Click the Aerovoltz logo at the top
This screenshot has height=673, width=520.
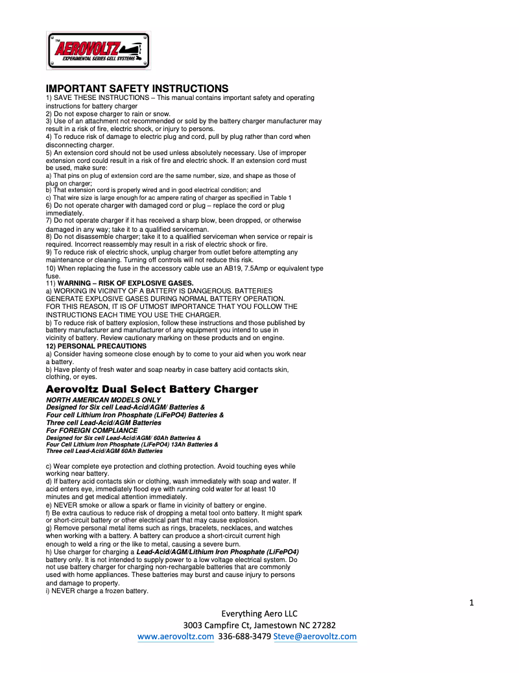click(x=98, y=50)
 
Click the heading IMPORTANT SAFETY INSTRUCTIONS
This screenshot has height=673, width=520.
click(x=137, y=88)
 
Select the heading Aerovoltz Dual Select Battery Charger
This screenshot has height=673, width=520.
click(x=152, y=389)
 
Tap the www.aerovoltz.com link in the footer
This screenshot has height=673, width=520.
click(x=175, y=637)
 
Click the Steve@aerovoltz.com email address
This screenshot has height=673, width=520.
click(x=315, y=637)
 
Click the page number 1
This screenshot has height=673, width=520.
click(x=471, y=603)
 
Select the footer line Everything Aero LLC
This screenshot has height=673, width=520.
click(x=259, y=613)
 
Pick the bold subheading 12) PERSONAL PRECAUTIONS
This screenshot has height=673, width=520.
click(x=96, y=346)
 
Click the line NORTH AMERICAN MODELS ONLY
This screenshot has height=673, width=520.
click(x=103, y=400)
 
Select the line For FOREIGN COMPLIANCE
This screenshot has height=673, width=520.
click(x=92, y=430)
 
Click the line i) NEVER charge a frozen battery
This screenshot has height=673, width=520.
click(x=97, y=591)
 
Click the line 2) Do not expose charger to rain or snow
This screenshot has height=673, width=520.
click(x=108, y=114)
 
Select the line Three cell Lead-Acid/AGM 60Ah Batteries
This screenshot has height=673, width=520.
click(x=104, y=450)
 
